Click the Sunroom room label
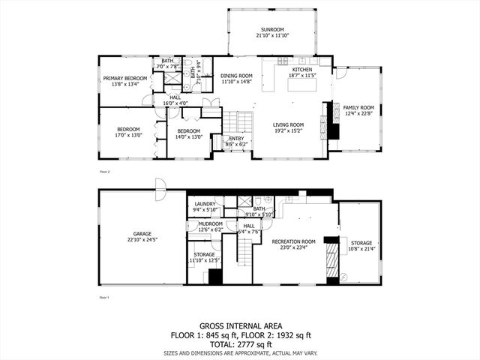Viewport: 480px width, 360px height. (x=274, y=30)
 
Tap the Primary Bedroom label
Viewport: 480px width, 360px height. (x=124, y=78)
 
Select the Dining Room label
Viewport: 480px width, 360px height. (x=236, y=76)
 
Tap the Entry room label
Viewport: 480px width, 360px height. (x=236, y=138)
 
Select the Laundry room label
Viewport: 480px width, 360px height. (x=205, y=204)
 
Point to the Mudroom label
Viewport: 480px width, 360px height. (x=210, y=223)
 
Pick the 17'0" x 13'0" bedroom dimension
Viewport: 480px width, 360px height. (x=129, y=136)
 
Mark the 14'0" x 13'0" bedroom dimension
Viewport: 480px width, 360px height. (x=188, y=136)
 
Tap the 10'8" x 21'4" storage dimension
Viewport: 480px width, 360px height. (x=361, y=248)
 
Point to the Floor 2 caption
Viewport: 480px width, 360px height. (x=105, y=172)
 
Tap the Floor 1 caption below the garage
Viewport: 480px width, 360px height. (x=105, y=298)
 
